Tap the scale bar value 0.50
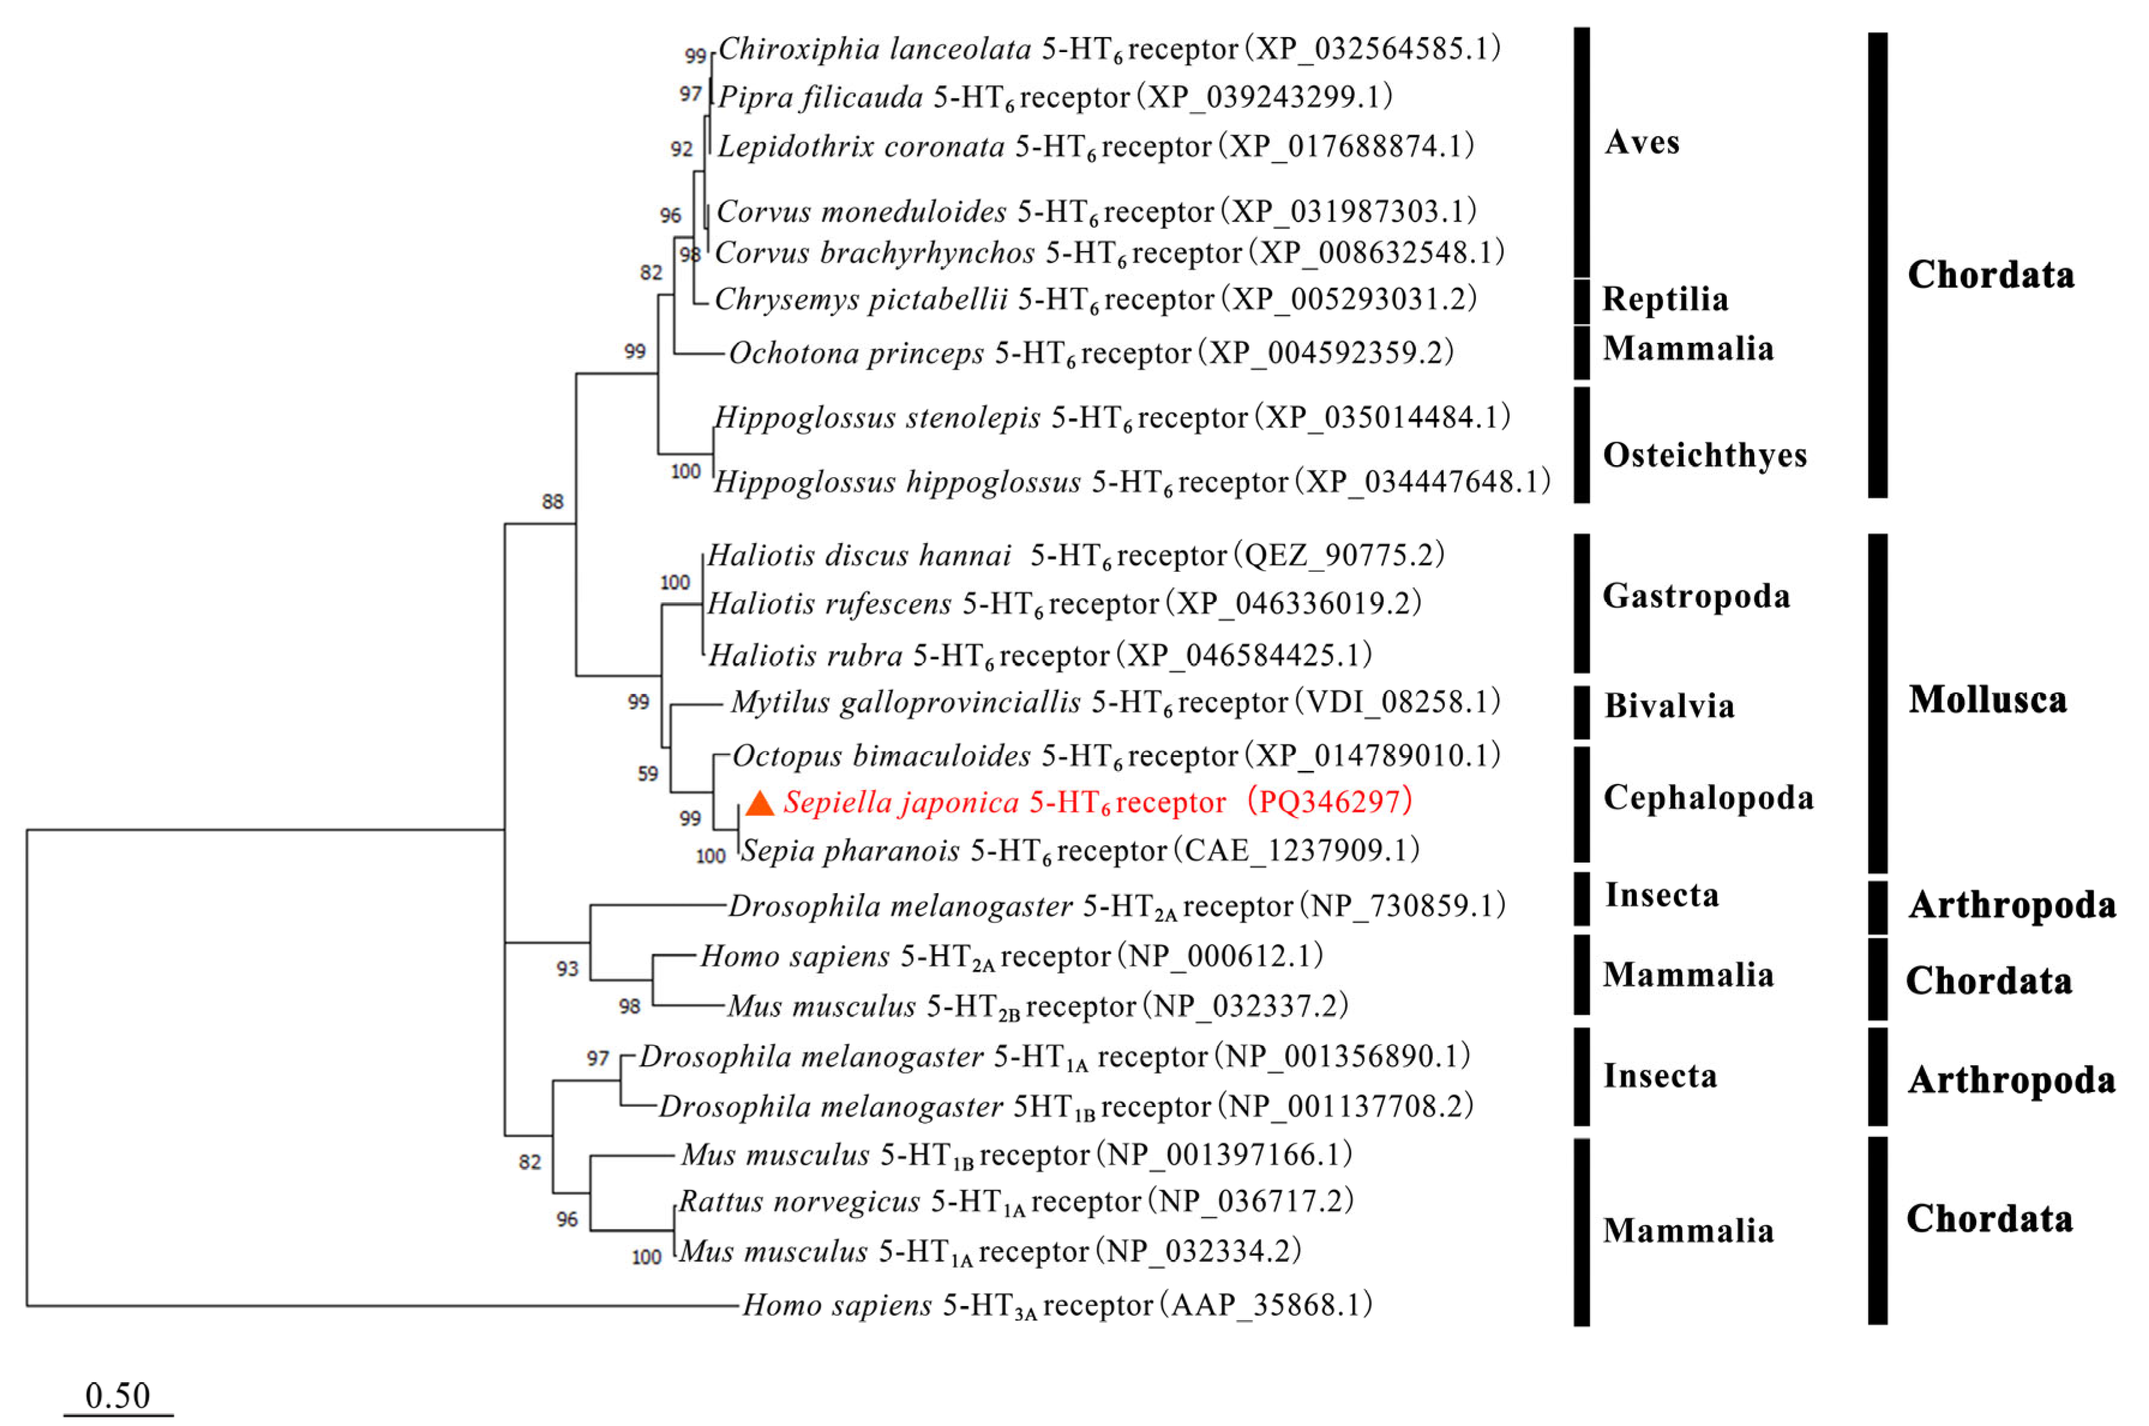pos(118,1395)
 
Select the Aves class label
pos(1642,142)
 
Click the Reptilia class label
pos(1665,299)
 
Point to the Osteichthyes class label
pos(1704,455)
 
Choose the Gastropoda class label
pos(1696,596)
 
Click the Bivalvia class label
pos(1669,706)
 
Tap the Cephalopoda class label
pos(1708,798)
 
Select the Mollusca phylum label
pos(1987,700)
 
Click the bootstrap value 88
pos(552,501)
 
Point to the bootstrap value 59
pos(647,773)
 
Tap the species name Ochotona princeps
pos(856,353)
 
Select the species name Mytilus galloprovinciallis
pos(905,702)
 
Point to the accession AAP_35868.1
pos(1271,1305)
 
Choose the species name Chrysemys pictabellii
pos(861,299)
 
